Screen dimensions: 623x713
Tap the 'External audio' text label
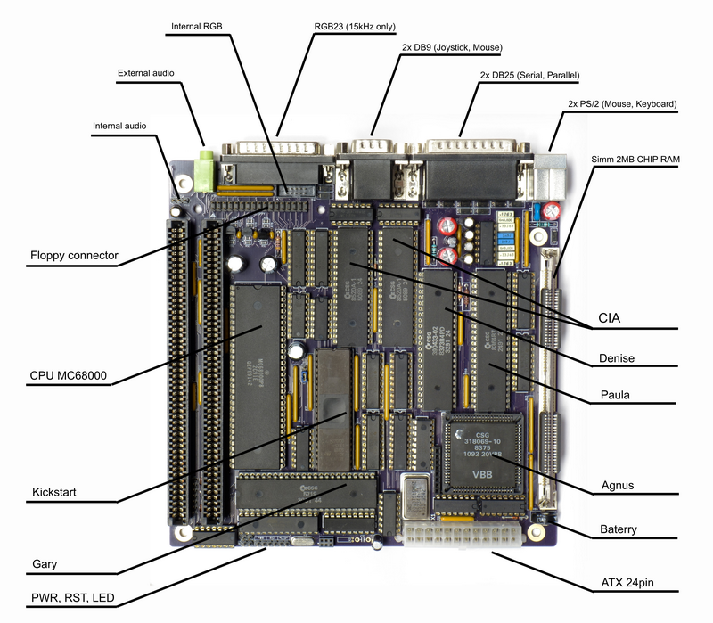145,72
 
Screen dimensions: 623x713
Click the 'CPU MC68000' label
68,376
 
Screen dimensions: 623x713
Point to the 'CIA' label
610,317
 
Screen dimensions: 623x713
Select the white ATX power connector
461,537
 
